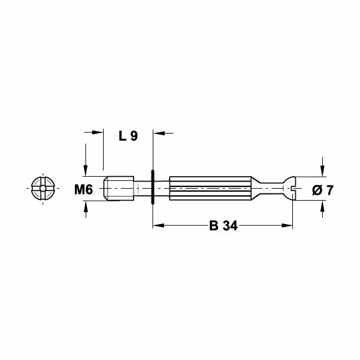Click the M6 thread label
[83, 190]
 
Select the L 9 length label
[128, 136]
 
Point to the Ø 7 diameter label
[323, 190]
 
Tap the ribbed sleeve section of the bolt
[210, 187]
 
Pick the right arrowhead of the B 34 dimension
[290, 226]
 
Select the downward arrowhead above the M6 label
[87, 170]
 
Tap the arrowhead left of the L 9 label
[98, 132]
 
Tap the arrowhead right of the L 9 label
[159, 132]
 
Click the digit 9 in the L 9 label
[134, 136]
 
